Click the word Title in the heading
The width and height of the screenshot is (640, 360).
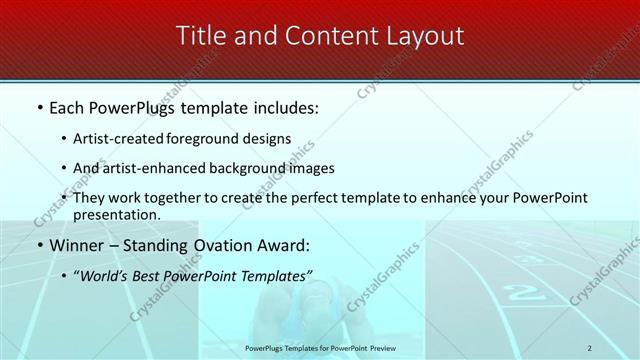tap(200, 36)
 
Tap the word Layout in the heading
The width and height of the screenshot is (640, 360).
tap(427, 36)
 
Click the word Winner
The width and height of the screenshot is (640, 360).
tap(76, 245)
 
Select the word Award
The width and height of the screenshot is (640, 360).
tap(285, 245)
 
